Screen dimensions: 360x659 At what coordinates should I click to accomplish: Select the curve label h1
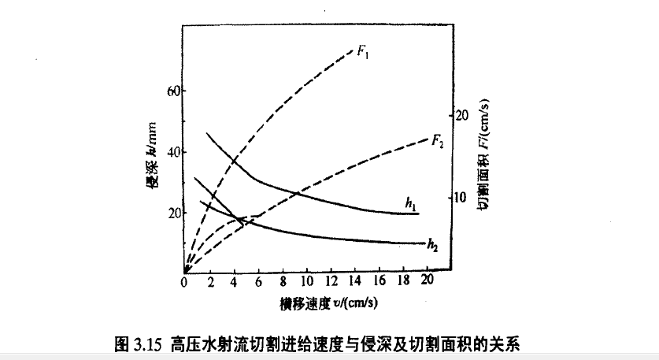pos(410,204)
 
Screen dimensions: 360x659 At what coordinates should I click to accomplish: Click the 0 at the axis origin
pos(183,281)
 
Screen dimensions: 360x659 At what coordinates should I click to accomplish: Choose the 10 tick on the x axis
pos(306,281)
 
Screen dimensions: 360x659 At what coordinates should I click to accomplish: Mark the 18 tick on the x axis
pos(404,281)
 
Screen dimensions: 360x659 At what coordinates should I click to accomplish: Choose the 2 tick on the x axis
pos(209,281)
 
